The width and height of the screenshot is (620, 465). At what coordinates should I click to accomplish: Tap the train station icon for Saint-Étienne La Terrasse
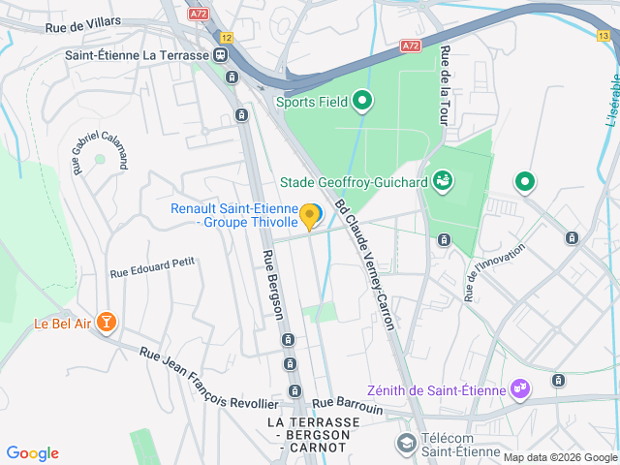pyautogui.click(x=222, y=55)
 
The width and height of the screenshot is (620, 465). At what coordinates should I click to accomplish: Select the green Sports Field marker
pyautogui.click(x=362, y=100)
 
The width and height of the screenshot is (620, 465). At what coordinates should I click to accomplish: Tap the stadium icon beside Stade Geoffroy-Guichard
pyautogui.click(x=443, y=180)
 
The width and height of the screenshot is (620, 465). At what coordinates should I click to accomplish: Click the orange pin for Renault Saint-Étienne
pyautogui.click(x=310, y=216)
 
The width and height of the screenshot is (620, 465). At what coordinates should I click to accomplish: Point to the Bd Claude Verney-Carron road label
pyautogui.click(x=366, y=264)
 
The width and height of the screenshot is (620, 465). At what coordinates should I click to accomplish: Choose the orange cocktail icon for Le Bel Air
pyautogui.click(x=106, y=323)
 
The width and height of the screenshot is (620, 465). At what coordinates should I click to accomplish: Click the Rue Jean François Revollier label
pyautogui.click(x=208, y=379)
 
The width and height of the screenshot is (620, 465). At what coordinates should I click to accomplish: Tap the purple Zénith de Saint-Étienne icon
pyautogui.click(x=521, y=389)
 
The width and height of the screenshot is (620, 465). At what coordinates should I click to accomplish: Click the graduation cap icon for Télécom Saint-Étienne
pyautogui.click(x=407, y=444)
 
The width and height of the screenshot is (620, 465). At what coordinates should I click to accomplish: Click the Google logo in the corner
pyautogui.click(x=33, y=453)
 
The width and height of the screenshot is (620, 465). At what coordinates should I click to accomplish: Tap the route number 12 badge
pyautogui.click(x=226, y=37)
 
